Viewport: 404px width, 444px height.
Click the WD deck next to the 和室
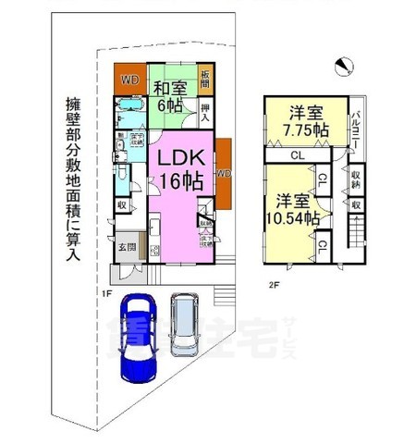tap(129, 80)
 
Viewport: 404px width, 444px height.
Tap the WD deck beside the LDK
tap(222, 173)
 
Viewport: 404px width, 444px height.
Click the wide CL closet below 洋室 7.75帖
tap(298, 157)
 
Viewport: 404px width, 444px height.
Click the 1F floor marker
tap(108, 293)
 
